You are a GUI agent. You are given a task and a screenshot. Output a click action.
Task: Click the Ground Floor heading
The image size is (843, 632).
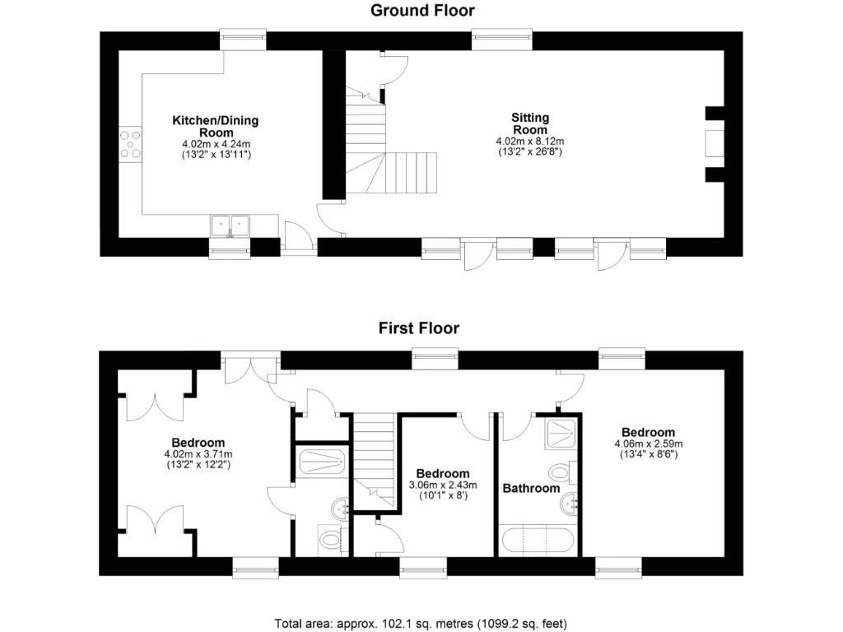[422, 11]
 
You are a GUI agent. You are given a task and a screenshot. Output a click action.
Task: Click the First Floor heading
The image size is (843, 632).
[418, 328]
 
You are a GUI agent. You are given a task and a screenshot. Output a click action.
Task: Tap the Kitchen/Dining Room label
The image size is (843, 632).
[215, 126]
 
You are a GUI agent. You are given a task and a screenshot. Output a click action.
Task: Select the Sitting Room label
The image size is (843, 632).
[530, 123]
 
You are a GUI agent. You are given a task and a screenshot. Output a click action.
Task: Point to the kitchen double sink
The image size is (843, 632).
[230, 224]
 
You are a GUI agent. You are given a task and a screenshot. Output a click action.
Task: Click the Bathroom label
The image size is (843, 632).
[531, 488]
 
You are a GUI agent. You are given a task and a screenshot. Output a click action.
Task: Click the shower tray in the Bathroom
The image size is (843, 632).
[561, 433]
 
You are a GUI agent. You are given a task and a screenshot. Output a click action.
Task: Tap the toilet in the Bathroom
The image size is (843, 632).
[559, 473]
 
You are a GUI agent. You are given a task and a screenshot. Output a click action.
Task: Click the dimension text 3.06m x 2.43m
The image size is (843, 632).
[443, 486]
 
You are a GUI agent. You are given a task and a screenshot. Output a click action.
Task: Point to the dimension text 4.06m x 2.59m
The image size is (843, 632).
[648, 444]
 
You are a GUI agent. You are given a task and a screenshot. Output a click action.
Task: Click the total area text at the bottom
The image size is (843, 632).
[421, 623]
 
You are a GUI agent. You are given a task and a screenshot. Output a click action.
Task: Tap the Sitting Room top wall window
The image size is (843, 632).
[503, 36]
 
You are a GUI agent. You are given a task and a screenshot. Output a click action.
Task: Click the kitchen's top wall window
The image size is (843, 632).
[243, 36]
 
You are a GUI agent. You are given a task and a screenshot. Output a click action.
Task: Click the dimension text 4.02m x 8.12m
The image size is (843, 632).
[530, 141]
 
